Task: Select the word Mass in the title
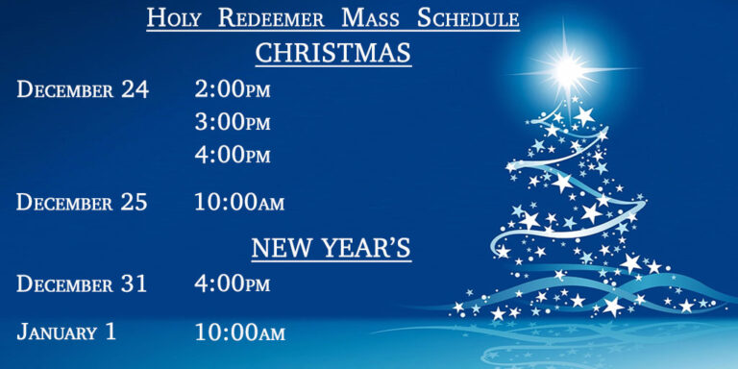(x=362, y=17)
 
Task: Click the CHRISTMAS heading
(x=332, y=53)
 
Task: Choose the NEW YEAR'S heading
(x=331, y=249)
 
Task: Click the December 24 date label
(x=83, y=89)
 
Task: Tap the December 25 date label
(x=83, y=203)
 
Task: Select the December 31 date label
(x=83, y=284)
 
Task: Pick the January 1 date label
(x=66, y=332)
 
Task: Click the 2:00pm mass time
(x=233, y=89)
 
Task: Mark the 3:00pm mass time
(x=233, y=122)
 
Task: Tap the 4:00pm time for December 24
(x=233, y=155)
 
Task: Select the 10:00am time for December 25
(x=239, y=203)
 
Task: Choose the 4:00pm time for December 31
(x=233, y=284)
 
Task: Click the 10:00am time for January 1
(x=239, y=333)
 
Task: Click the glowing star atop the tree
(x=567, y=67)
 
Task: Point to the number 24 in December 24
(x=135, y=89)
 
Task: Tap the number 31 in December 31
(x=134, y=284)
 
